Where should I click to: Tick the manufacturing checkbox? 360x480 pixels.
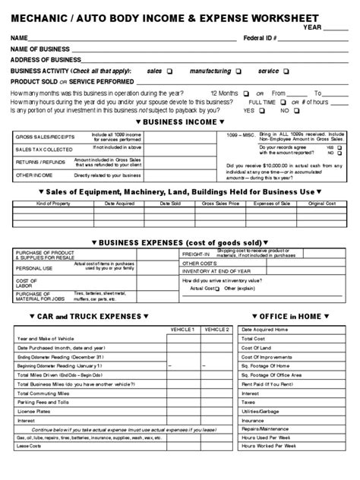point(238,71)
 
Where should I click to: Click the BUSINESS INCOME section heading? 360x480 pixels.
point(179,122)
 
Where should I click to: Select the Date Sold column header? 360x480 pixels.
point(169,204)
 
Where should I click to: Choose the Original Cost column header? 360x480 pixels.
point(321,204)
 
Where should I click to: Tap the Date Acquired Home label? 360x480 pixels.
point(264,330)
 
